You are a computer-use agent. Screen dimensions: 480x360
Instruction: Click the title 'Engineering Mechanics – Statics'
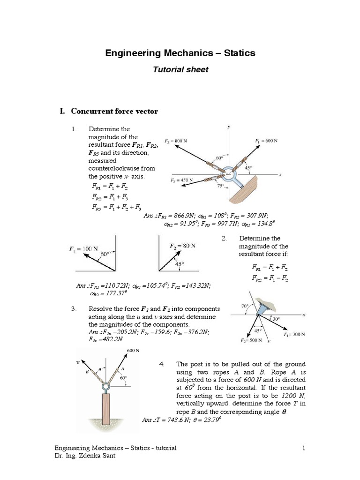pos(180,53)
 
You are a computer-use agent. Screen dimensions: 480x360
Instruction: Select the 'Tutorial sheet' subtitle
pos(180,69)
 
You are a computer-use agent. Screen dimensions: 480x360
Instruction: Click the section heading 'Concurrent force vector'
pos(114,112)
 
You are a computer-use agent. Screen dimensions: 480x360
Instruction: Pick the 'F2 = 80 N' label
pos(182,246)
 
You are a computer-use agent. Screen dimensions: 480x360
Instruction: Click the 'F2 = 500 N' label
pos(247,340)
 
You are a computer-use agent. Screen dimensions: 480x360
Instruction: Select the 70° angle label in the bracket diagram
pos(245,306)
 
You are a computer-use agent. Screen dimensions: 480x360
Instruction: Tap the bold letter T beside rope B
pos(77,362)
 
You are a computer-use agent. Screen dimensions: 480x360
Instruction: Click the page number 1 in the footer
pos(304,448)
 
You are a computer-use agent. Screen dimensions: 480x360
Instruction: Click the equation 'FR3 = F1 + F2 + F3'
pos(116,207)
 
